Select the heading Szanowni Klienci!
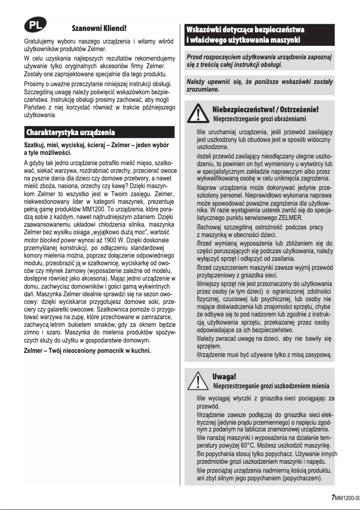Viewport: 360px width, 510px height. [99, 28]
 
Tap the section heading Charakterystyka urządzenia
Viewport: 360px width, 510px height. [71, 132]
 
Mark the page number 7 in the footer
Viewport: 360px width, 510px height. [333, 497]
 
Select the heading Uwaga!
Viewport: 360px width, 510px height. [224, 376]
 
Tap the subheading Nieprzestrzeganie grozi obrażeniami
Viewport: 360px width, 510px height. [259, 119]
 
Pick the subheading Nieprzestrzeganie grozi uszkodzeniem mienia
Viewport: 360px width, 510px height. [271, 386]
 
